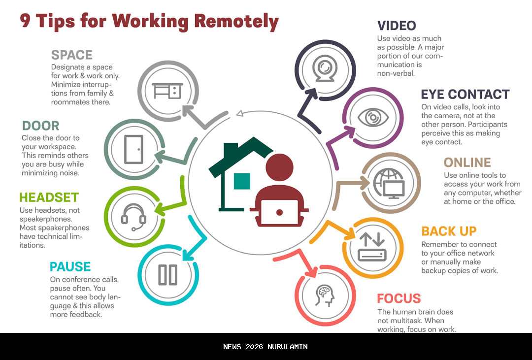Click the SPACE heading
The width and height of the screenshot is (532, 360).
click(x=71, y=55)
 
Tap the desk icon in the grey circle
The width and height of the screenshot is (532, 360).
click(x=167, y=91)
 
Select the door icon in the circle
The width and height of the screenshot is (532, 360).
click(x=133, y=149)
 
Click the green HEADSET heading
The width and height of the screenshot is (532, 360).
click(x=49, y=197)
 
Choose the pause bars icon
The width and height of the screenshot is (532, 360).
click(x=167, y=275)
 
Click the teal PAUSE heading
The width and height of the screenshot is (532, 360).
click(x=70, y=267)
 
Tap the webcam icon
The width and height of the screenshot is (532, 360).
click(x=325, y=68)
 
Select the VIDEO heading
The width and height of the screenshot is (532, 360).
click(x=397, y=26)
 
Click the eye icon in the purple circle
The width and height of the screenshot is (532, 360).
click(x=373, y=118)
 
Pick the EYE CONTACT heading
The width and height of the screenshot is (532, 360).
click(x=465, y=95)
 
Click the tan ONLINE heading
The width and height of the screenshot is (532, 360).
click(x=467, y=163)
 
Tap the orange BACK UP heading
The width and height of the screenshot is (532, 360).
click(x=449, y=231)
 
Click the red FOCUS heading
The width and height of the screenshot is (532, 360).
click(x=399, y=298)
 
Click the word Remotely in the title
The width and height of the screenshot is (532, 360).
click(x=236, y=21)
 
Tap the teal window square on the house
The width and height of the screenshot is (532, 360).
click(x=242, y=181)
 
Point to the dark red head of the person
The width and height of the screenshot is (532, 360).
click(x=280, y=167)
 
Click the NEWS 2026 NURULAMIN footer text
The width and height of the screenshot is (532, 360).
click(x=266, y=347)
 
